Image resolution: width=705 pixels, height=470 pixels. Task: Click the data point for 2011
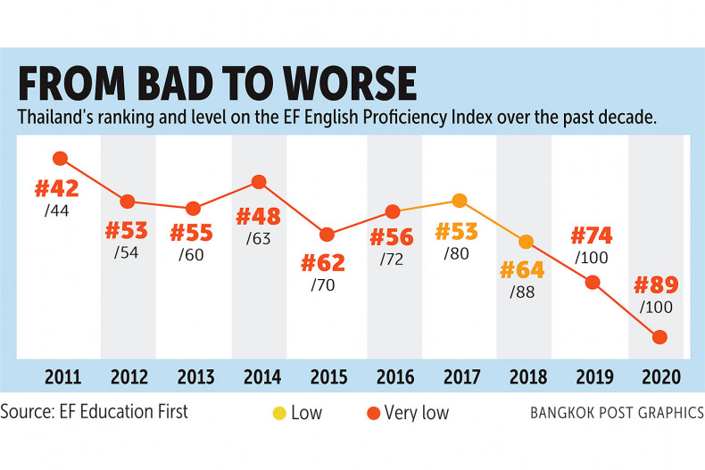tap(61, 159)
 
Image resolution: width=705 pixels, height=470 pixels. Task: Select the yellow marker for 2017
tap(459, 201)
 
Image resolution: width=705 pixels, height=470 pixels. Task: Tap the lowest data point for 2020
tap(660, 337)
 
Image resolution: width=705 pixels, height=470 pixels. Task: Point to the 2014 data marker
tap(260, 182)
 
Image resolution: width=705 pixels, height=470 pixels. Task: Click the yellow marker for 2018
tap(527, 242)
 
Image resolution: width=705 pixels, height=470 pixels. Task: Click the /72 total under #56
tap(392, 260)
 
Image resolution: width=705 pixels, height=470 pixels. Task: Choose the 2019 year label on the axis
tap(593, 376)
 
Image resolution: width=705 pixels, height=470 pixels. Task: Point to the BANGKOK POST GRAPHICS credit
tap(616, 413)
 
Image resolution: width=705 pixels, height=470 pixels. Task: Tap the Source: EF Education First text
tap(95, 412)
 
